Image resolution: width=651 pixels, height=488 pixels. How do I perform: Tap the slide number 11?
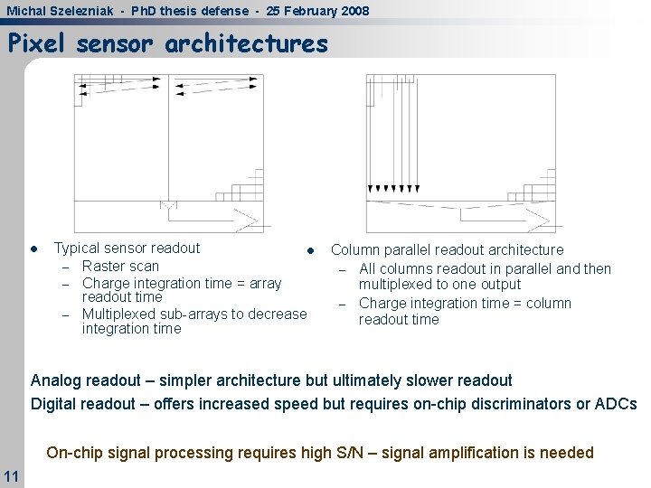tap(11, 475)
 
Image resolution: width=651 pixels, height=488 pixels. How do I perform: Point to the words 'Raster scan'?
tap(120, 266)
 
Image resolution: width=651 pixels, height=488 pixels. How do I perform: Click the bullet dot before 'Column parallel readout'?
tap(309, 250)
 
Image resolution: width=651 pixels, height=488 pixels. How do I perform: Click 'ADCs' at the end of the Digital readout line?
tap(618, 404)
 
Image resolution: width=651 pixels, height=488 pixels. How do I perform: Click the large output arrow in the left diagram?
tap(246, 219)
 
